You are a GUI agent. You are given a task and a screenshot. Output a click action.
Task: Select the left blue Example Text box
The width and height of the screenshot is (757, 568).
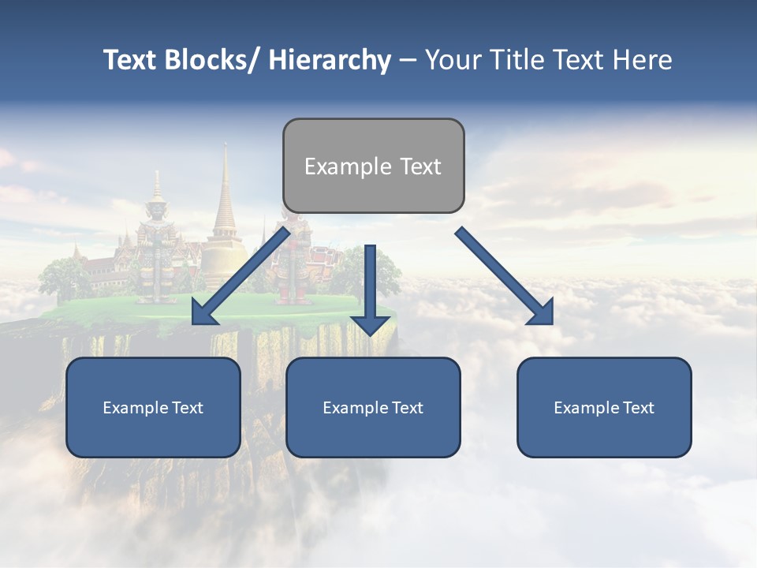pyautogui.click(x=153, y=407)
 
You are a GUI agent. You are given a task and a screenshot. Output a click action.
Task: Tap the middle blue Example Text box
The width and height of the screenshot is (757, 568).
pyautogui.click(x=373, y=407)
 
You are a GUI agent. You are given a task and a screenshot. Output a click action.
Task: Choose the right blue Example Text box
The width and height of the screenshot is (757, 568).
pyautogui.click(x=604, y=407)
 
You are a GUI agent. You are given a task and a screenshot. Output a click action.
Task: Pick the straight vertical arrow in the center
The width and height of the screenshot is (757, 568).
pyautogui.click(x=371, y=284)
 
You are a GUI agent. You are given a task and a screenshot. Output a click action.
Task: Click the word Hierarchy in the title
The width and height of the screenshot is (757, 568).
pyautogui.click(x=330, y=60)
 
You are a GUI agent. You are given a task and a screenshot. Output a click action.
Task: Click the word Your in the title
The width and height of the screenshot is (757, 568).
pyautogui.click(x=452, y=60)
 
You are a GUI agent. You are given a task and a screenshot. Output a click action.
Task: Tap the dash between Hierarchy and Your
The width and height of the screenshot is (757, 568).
pyautogui.click(x=408, y=61)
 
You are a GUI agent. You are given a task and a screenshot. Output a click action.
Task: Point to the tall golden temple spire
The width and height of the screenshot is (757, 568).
pyautogui.click(x=225, y=197)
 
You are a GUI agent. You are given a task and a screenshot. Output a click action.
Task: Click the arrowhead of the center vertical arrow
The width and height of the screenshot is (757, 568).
pyautogui.click(x=371, y=323)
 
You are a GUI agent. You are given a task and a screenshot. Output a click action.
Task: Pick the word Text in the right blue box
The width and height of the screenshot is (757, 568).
pyautogui.click(x=638, y=407)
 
